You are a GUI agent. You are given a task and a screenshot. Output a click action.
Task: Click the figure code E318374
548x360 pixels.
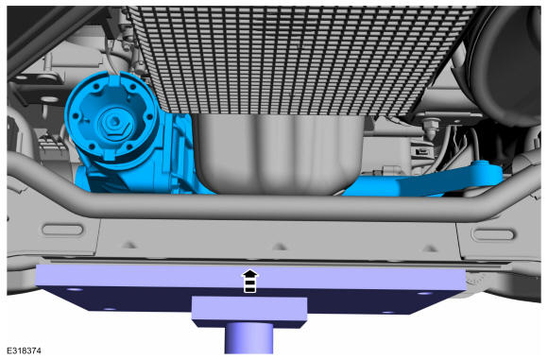coord(25,351)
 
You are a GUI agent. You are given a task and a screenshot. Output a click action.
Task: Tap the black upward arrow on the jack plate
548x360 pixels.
coord(249,281)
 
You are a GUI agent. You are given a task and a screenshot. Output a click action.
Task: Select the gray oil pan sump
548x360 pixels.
coord(278,153)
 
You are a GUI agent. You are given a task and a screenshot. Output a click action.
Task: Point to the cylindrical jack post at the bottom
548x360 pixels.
coord(248,338)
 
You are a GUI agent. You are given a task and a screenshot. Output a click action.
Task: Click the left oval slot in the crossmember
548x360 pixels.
coord(62,230)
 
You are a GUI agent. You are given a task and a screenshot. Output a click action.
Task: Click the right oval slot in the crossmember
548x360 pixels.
coord(493,233)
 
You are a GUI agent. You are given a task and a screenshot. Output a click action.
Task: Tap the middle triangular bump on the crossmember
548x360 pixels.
coord(280,247)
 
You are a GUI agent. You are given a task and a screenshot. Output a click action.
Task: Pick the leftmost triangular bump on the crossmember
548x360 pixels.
coord(129,245)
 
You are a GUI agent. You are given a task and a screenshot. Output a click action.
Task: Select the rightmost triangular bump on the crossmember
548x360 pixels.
coord(430,249)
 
